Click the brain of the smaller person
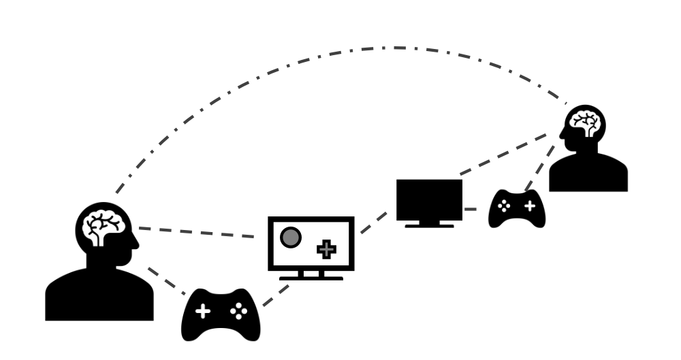(x=585, y=123)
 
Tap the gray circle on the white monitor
(x=291, y=237)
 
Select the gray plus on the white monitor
(x=327, y=250)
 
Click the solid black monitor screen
(x=429, y=199)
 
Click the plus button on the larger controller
(x=203, y=312)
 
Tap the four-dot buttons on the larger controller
(x=238, y=311)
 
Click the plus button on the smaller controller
(x=529, y=205)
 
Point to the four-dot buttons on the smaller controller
(x=505, y=206)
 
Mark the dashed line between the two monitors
(x=374, y=222)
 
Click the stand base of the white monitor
(x=311, y=278)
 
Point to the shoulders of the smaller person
(x=588, y=174)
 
